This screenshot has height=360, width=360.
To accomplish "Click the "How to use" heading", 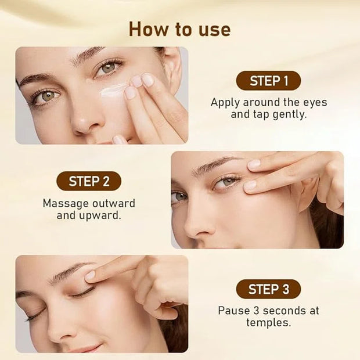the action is (x=180, y=30).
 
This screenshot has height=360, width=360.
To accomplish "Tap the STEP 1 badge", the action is (x=268, y=81).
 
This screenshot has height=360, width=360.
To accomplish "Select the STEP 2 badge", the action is (x=89, y=181).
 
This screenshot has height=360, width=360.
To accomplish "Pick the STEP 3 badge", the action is (x=268, y=289).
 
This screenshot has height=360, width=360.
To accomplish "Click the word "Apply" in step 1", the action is (x=225, y=103).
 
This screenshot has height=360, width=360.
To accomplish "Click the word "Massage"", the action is (x=66, y=204).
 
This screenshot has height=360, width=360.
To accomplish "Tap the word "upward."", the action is (x=100, y=215).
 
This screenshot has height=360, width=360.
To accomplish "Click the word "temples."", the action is (x=269, y=323).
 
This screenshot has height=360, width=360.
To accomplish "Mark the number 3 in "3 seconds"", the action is (x=256, y=311).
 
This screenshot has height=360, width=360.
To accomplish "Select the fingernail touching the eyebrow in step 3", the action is (x=90, y=275).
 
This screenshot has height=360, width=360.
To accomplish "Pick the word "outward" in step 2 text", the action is (x=114, y=204).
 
